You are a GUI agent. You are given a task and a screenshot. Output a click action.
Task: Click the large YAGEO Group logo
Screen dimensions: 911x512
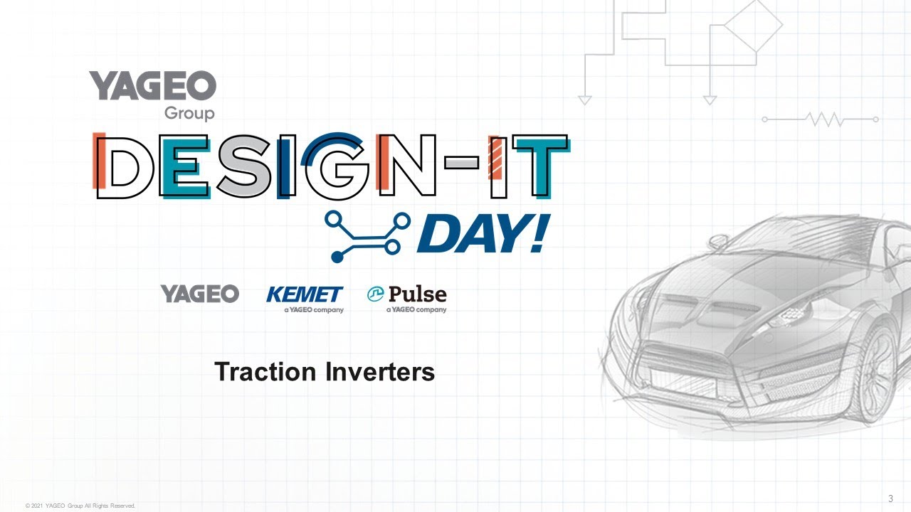152,95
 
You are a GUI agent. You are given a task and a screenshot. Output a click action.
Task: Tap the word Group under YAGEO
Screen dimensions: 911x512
189,113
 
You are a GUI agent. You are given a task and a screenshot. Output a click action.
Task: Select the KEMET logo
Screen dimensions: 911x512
305,299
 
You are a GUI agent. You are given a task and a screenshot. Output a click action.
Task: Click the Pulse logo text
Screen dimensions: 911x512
417,294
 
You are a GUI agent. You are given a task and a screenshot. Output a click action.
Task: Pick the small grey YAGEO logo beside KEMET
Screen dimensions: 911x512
200,294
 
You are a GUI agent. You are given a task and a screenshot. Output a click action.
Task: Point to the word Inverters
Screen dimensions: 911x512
380,371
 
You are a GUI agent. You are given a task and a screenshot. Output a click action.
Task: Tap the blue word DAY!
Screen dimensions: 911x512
484,233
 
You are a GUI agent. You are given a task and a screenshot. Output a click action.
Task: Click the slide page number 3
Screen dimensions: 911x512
890,498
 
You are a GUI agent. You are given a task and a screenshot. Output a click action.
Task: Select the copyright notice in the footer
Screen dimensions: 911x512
80,506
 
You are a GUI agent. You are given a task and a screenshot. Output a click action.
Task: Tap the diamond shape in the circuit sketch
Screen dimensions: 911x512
753,25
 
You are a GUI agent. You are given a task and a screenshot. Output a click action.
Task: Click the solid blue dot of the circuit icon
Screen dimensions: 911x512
337,257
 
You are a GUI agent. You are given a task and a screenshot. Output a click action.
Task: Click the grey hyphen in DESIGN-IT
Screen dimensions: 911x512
462,163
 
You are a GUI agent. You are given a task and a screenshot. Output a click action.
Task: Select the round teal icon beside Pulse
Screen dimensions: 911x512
375,294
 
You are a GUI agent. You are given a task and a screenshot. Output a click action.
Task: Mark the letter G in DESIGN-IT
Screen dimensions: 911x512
335,166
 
